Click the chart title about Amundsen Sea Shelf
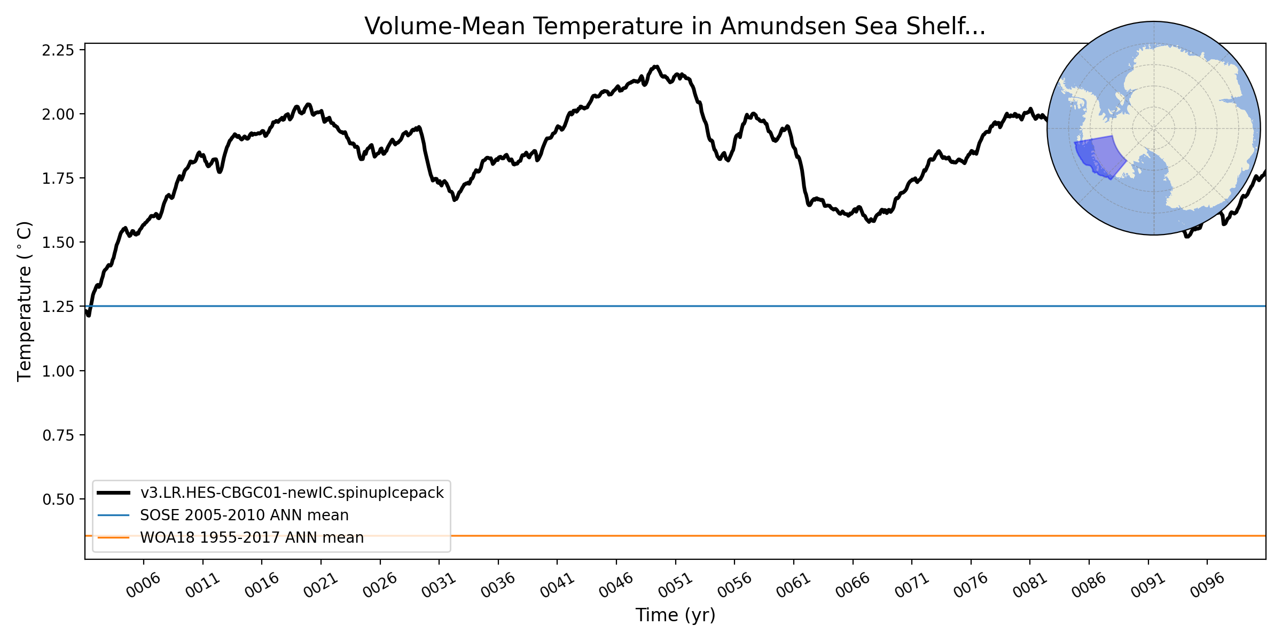click(x=675, y=26)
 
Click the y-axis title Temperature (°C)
click(x=25, y=301)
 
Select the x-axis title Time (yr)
click(x=675, y=615)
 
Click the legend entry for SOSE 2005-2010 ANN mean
click(x=244, y=515)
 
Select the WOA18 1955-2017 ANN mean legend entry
click(x=252, y=537)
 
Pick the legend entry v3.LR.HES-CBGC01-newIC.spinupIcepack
click(x=292, y=493)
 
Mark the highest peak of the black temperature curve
click(x=655, y=67)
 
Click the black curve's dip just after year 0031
click(x=455, y=199)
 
